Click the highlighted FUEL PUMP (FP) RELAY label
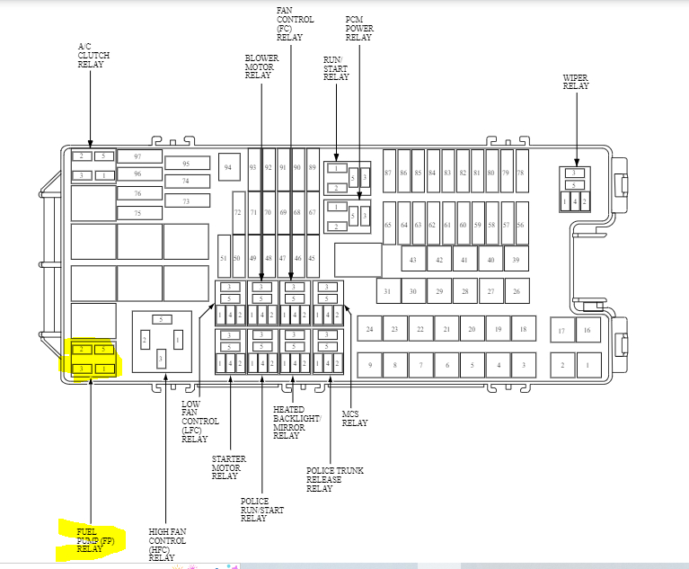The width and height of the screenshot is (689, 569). [x=93, y=538]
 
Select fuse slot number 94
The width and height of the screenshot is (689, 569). [x=228, y=168]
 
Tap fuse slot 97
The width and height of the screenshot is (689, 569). [x=137, y=156]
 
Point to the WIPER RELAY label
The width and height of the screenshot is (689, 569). [x=575, y=82]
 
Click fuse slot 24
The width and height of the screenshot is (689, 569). [x=369, y=330]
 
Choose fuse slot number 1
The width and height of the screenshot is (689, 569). [x=588, y=366]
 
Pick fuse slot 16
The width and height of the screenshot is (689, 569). [x=588, y=331]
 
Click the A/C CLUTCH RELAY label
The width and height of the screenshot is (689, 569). [x=93, y=56]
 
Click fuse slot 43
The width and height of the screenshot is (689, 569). [x=413, y=260]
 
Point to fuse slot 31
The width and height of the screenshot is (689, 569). [x=387, y=291]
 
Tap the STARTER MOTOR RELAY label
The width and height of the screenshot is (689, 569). [x=225, y=468]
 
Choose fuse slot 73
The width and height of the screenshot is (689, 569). [x=186, y=201]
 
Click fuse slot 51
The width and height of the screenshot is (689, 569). [x=224, y=259]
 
